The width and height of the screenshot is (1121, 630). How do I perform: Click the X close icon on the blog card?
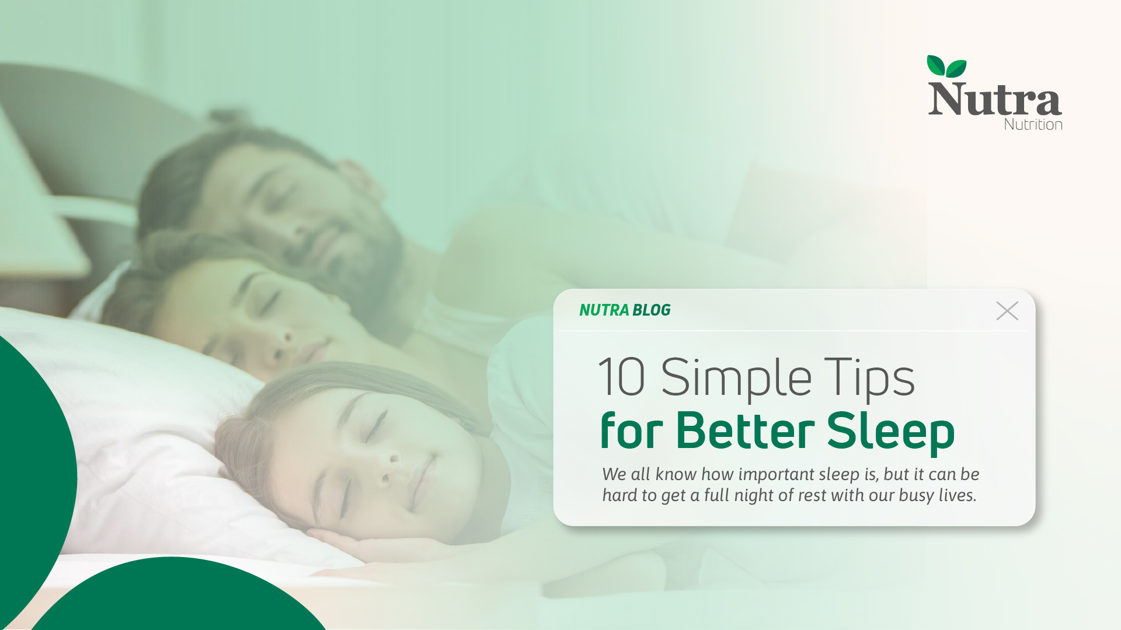pyautogui.click(x=1007, y=311)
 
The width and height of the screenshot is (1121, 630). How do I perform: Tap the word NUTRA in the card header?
pyautogui.click(x=604, y=310)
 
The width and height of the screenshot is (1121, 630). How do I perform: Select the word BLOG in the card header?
pyautogui.click(x=652, y=310)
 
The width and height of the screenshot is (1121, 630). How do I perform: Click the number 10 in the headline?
pyautogui.click(x=622, y=377)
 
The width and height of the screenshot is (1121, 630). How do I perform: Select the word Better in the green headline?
pyautogui.click(x=745, y=431)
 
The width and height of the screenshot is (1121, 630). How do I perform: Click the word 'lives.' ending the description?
pyautogui.click(x=958, y=496)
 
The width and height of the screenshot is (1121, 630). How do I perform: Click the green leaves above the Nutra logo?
pyautogui.click(x=946, y=66)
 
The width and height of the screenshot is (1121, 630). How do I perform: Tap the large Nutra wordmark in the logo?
pyautogui.click(x=994, y=99)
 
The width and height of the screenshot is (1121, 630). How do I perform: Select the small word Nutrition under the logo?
pyautogui.click(x=1033, y=124)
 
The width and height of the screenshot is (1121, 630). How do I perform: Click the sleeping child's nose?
pyautogui.click(x=388, y=470)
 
